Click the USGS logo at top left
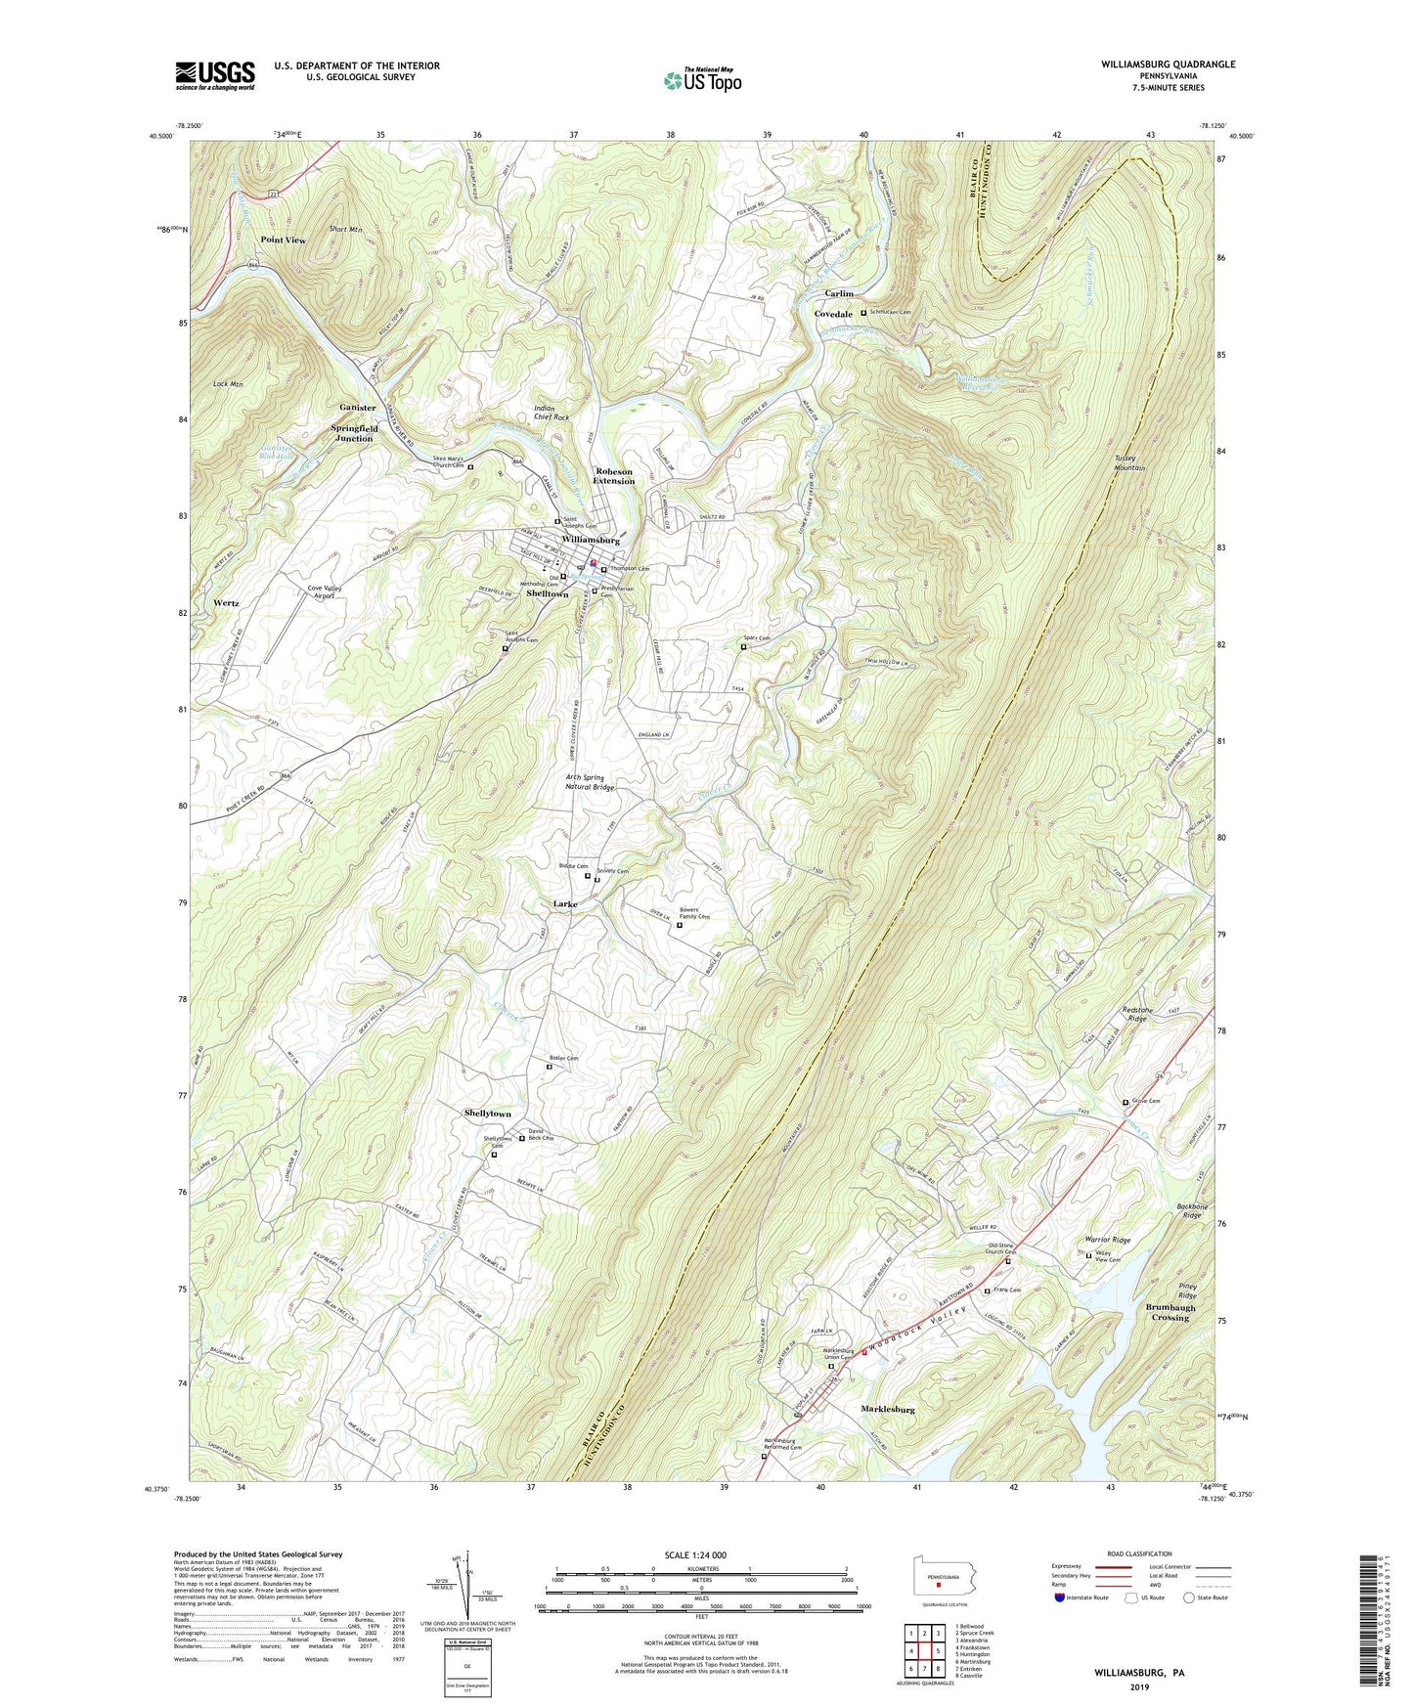pos(215,74)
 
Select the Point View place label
pos(283,241)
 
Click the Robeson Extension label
pos(613,476)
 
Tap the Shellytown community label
pos(487,1114)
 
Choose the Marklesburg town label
pos(887,1410)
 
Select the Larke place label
pos(558,904)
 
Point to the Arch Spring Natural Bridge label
pos(590,782)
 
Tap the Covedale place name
pos(833,314)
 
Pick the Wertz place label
pos(226,603)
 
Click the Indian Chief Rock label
pos(552,413)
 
